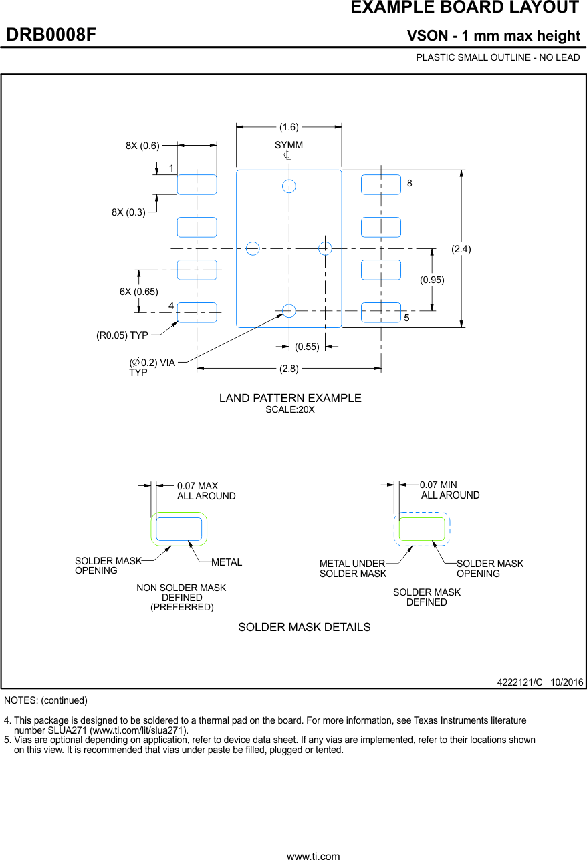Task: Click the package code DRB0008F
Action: (x=51, y=35)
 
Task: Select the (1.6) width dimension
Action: (x=289, y=127)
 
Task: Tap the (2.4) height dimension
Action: (x=461, y=249)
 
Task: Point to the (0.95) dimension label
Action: (x=432, y=280)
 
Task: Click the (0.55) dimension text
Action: (x=307, y=347)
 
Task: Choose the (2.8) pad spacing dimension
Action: (x=289, y=368)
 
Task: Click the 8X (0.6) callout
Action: (x=142, y=145)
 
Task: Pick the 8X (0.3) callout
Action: (x=128, y=212)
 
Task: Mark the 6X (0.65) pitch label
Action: (x=138, y=292)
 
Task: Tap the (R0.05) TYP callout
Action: (x=122, y=335)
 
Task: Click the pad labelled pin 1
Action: (x=197, y=184)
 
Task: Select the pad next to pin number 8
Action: (x=381, y=184)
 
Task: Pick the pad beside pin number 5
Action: (x=381, y=312)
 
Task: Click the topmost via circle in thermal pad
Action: (x=289, y=186)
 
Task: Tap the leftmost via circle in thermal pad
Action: (x=253, y=248)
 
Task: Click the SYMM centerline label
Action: (x=288, y=145)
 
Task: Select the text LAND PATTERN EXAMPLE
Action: (x=290, y=398)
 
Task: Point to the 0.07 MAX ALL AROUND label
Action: (x=206, y=491)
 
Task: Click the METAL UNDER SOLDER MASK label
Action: (x=352, y=568)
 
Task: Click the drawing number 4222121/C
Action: (x=519, y=682)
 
